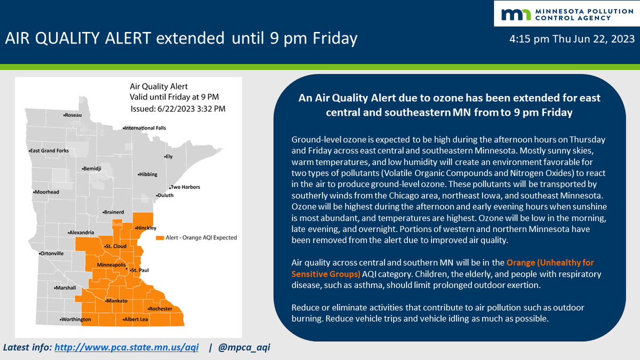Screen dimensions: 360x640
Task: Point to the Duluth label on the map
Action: click(166, 196)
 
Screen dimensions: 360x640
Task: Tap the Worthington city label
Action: click(76, 319)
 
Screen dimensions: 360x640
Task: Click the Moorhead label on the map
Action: click(46, 192)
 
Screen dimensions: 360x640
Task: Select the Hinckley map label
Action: click(146, 228)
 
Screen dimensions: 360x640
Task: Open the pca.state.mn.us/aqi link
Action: click(127, 348)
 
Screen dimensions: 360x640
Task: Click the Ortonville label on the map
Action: click(52, 253)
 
